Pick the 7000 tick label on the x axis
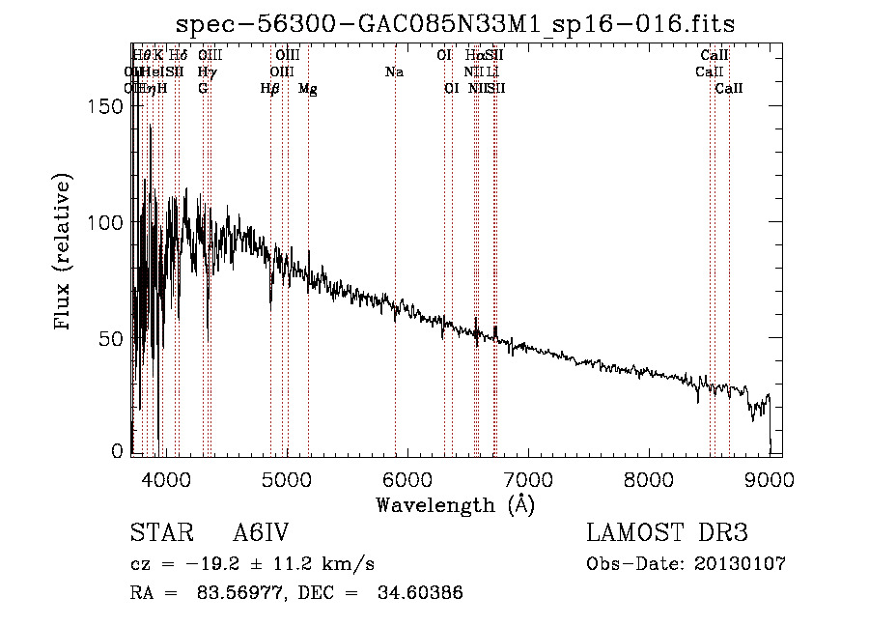coord(528,478)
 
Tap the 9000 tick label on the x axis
coord(770,478)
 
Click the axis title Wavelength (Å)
coord(455,503)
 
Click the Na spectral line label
coord(394,71)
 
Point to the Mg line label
coord(308,89)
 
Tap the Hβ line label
coord(269,89)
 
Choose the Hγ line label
coord(207,71)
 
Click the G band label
coord(203,88)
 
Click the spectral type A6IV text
coord(261,533)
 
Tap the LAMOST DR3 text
coord(667,533)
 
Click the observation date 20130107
coord(741,563)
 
